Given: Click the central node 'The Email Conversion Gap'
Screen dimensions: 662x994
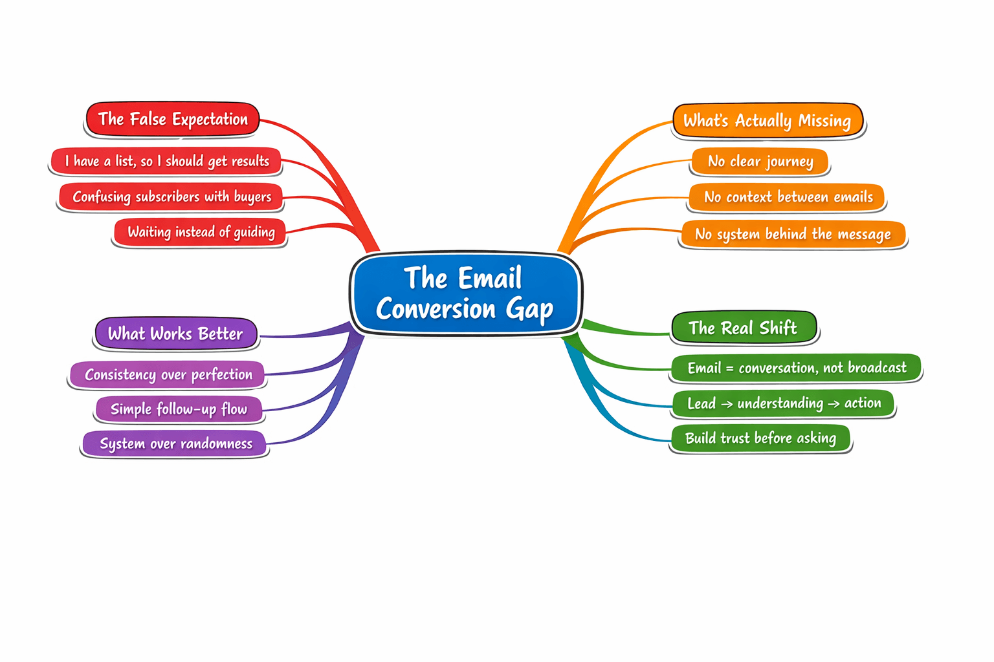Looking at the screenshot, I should point(465,294).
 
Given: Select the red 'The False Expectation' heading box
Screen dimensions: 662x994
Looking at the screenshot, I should point(173,120).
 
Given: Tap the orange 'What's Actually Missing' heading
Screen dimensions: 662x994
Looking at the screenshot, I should point(768,121).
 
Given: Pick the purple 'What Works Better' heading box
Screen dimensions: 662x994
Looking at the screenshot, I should point(176,334).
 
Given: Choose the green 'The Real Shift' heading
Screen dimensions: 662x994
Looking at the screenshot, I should point(744,328).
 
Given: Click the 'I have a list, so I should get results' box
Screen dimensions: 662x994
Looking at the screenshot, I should point(166,161).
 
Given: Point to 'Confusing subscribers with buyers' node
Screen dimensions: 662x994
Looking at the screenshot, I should point(171,197).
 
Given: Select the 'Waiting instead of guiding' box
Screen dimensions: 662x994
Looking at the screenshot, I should point(201,232).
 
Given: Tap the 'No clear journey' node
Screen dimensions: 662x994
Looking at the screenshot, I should point(760,162).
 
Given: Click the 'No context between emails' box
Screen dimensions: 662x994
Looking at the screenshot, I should point(788,197).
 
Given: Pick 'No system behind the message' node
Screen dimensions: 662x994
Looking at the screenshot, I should point(793,234).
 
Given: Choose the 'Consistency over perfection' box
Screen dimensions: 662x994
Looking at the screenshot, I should point(168,374).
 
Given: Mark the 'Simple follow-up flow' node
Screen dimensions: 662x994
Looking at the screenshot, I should point(179,409).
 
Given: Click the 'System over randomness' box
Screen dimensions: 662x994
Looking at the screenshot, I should point(175,443).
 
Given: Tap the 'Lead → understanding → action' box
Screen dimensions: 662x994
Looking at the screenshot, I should point(783,403).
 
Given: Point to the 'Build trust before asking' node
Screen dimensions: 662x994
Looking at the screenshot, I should point(760,438).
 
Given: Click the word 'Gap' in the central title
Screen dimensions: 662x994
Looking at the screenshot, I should point(530,310).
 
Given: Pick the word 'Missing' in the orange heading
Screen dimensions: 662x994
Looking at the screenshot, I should point(824,121).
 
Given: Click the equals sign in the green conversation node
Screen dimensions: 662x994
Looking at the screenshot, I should point(730,368).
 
